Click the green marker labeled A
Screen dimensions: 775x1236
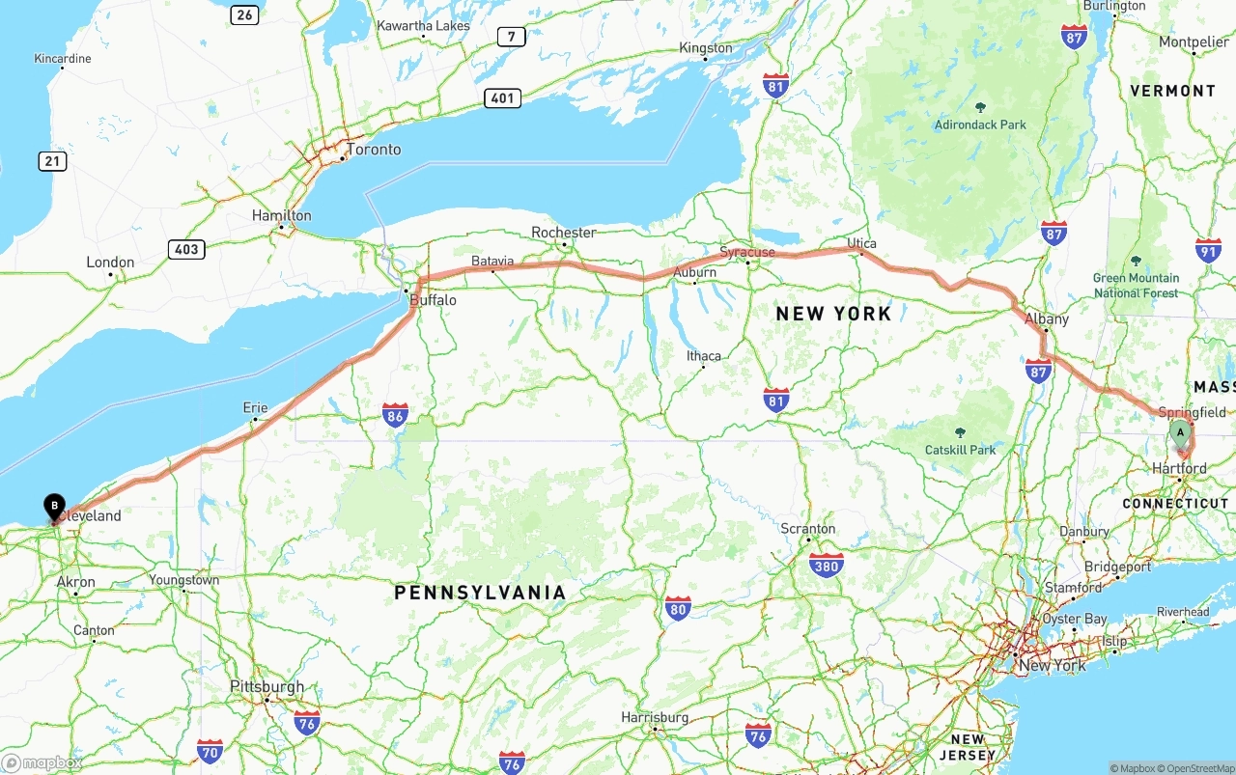click(1179, 433)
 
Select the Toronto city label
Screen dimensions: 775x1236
click(373, 150)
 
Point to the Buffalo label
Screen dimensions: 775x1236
click(433, 300)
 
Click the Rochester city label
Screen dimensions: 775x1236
click(564, 233)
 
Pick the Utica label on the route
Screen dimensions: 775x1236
click(861, 242)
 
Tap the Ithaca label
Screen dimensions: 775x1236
click(703, 355)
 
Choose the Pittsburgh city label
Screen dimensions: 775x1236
click(267, 687)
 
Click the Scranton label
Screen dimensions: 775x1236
click(808, 529)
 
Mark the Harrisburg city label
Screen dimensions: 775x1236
click(655, 717)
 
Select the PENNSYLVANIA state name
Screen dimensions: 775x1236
click(480, 593)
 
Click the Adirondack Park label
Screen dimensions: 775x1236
click(980, 125)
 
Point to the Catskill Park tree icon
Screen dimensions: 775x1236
click(960, 433)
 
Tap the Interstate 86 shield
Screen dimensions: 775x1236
click(395, 415)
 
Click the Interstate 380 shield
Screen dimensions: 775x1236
click(827, 565)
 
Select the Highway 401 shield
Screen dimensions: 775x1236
click(503, 97)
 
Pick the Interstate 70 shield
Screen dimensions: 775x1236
click(210, 751)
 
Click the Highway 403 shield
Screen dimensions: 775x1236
click(186, 249)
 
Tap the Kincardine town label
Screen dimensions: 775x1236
click(63, 59)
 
